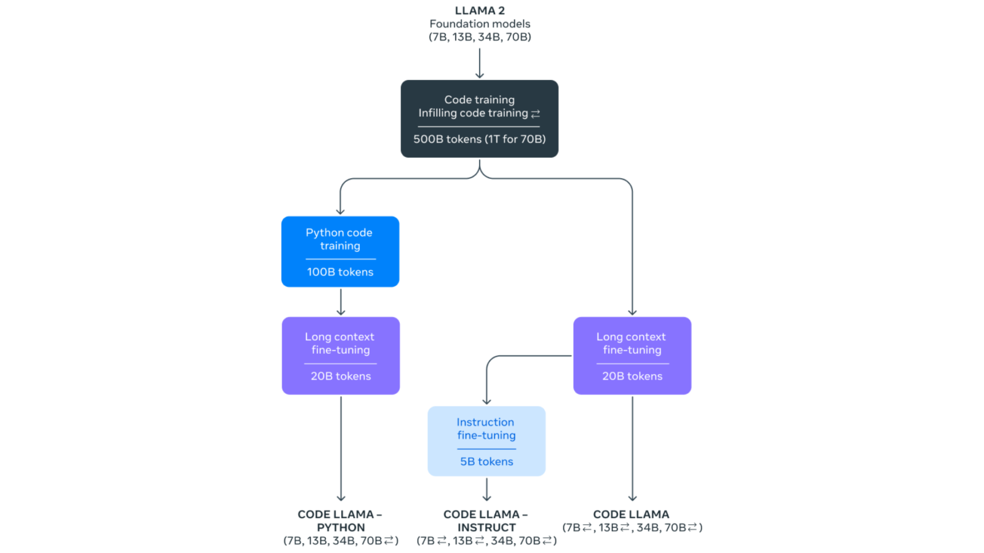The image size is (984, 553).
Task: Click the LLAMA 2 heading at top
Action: pos(480,10)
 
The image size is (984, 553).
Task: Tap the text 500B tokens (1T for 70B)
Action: pos(479,139)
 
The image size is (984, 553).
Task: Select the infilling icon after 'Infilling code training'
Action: pos(536,114)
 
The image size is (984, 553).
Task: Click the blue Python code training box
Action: pos(340,251)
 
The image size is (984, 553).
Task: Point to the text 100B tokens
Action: pos(340,272)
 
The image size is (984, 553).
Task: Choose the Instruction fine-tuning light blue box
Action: pos(486,441)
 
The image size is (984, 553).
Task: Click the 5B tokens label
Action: pos(486,461)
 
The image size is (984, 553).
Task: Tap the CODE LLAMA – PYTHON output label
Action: pos(340,520)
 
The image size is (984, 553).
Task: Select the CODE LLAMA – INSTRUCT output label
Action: pos(486,520)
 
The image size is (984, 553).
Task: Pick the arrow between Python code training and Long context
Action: pos(341,302)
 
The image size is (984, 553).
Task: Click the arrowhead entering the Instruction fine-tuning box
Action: pos(486,401)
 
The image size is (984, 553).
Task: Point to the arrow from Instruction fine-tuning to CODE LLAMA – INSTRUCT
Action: pos(486,490)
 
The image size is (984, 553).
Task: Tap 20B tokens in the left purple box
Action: pos(341,376)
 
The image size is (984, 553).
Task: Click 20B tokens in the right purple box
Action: pos(632,376)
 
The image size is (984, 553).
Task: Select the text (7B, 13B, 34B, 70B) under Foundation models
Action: pos(480,37)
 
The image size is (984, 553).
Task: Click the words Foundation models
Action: pos(480,24)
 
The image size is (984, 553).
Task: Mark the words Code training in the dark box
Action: pos(479,100)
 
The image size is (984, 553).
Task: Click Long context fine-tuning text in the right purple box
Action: pos(632,343)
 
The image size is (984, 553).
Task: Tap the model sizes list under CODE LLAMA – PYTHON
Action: pos(341,541)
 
